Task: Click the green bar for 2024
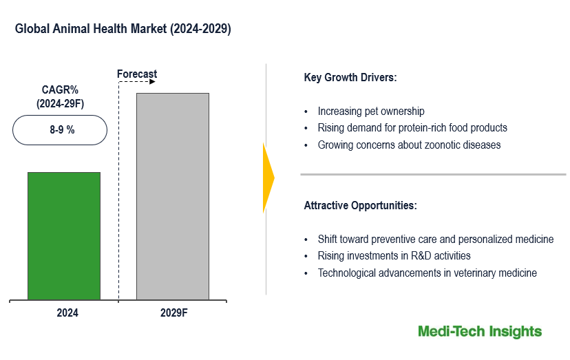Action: (x=64, y=236)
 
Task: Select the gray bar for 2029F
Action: (x=173, y=196)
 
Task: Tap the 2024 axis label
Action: (x=67, y=313)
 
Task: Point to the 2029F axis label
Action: (x=173, y=313)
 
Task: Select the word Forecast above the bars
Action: (x=137, y=74)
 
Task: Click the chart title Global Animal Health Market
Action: (x=123, y=30)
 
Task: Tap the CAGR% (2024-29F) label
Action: (x=61, y=96)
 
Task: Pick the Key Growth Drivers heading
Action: (x=350, y=78)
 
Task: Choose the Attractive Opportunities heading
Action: (x=360, y=206)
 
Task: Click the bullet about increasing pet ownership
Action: (x=370, y=111)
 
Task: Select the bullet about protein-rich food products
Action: (x=412, y=127)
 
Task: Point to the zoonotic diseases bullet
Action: (x=409, y=145)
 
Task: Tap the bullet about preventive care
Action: (x=435, y=240)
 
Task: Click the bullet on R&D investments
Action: (x=394, y=256)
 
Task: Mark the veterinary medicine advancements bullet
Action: (x=427, y=273)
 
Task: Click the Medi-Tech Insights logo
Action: (x=480, y=332)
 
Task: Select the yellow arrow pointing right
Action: (x=268, y=178)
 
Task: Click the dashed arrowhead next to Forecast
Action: (x=152, y=82)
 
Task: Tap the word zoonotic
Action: (x=445, y=145)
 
